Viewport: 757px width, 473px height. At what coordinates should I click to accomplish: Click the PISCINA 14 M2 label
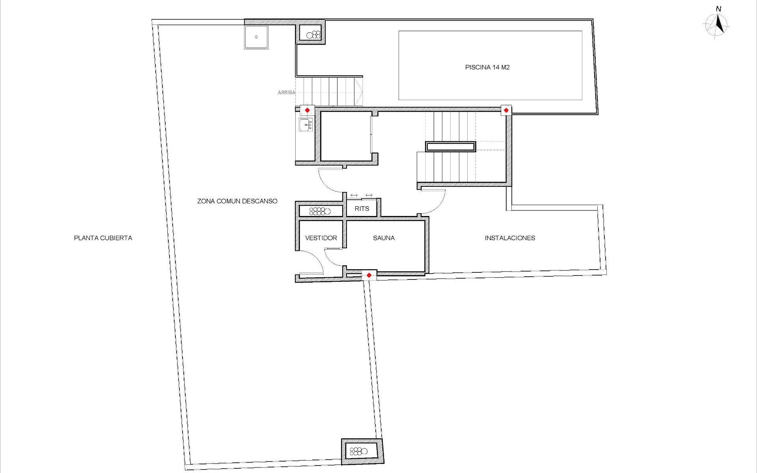pos(487,67)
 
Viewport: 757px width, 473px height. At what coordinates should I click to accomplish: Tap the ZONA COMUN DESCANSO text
pos(237,201)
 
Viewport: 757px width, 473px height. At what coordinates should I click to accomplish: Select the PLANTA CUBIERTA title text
pos(103,238)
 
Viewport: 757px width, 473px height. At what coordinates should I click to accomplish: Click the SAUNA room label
pos(384,238)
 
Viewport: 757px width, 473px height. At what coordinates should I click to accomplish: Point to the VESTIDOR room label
pos(321,238)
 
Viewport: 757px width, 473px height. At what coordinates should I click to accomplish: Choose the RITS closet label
pos(362,209)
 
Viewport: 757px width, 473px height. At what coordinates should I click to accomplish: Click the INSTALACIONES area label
pos(510,238)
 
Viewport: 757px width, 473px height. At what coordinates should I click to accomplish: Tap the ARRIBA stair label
pos(286,93)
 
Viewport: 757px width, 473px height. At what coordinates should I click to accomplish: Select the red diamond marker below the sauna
pos(369,275)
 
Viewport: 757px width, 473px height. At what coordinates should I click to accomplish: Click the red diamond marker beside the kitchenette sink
pos(307,110)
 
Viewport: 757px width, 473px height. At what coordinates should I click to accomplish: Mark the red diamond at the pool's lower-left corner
pos(506,110)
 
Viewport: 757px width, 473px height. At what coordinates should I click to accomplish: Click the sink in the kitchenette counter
pos(306,125)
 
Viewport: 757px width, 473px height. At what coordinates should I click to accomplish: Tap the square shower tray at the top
pos(256,37)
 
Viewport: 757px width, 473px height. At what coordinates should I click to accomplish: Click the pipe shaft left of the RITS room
pos(320,211)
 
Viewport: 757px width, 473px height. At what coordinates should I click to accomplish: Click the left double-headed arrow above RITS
pos(354,196)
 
